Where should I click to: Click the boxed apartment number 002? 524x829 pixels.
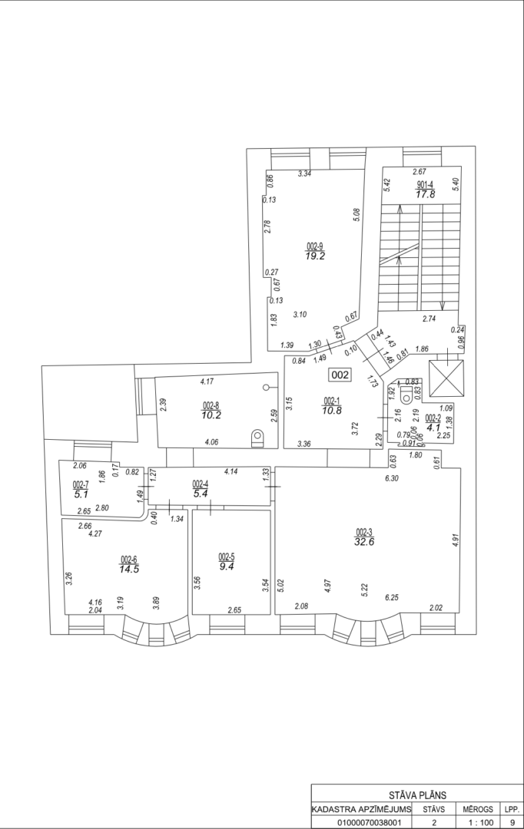[340, 375]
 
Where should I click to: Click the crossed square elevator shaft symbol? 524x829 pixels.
[446, 378]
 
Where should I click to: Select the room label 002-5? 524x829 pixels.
[227, 557]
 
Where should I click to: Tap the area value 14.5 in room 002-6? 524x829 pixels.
[129, 569]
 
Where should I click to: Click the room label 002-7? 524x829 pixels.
[81, 484]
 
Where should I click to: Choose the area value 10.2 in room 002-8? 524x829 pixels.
[211, 415]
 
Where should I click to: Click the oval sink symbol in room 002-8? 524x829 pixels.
[257, 437]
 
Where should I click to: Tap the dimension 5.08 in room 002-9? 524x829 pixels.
[357, 214]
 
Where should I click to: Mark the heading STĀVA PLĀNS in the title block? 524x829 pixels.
[417, 794]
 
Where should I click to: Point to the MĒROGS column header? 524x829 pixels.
[478, 809]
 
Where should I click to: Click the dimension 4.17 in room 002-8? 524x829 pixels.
[207, 381]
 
